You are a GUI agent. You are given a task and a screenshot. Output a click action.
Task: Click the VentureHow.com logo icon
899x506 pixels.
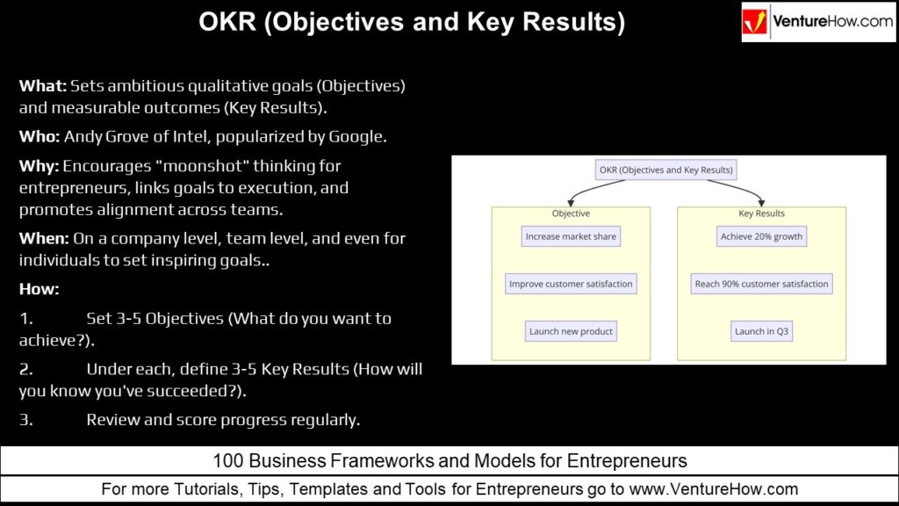coord(755,22)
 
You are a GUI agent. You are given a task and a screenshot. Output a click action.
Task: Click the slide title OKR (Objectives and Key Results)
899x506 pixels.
coord(412,22)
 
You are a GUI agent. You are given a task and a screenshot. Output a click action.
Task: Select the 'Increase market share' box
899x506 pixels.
coord(571,236)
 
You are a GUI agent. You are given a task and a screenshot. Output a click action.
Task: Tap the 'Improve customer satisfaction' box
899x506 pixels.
coord(571,284)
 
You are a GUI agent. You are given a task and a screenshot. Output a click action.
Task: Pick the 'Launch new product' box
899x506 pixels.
coord(571,331)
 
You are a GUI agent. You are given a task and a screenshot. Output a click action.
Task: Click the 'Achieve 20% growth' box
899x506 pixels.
coord(761,236)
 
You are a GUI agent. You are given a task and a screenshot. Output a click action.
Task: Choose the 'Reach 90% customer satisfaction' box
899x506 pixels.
coord(761,284)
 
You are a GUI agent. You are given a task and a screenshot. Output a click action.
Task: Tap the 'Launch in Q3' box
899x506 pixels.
coord(761,331)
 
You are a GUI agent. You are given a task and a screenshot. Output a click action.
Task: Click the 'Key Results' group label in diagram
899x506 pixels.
coord(761,213)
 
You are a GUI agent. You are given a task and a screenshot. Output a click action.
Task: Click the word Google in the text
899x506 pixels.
coord(354,137)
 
